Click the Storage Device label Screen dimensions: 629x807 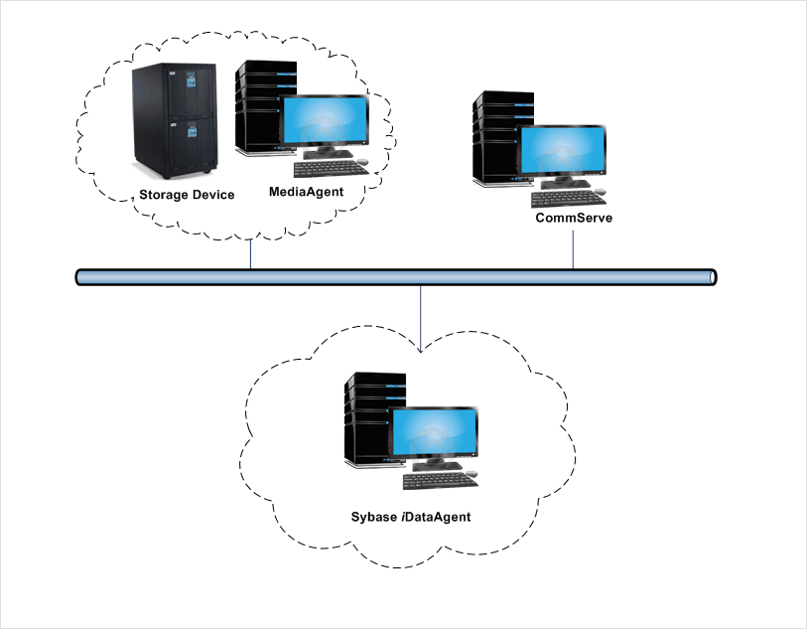(187, 195)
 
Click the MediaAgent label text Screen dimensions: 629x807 (306, 192)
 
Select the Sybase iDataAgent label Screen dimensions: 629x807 (410, 518)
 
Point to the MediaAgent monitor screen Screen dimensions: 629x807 (324, 123)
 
